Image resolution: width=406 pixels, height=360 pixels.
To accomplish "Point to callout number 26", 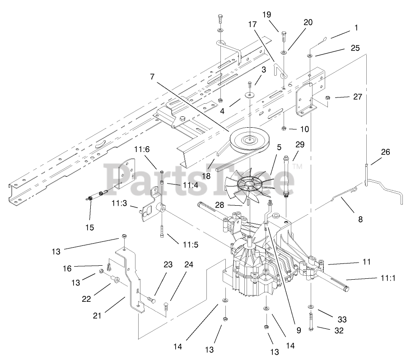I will (x=385, y=152).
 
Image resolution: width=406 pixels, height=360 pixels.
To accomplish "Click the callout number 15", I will (x=90, y=227).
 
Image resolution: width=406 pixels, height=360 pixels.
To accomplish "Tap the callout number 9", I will (x=298, y=330).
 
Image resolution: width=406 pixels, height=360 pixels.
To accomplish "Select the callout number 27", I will (x=345, y=96).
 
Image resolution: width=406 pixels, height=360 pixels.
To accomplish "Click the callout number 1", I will (x=356, y=28).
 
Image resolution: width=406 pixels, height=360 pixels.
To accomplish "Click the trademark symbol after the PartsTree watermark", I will (x=298, y=167).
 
